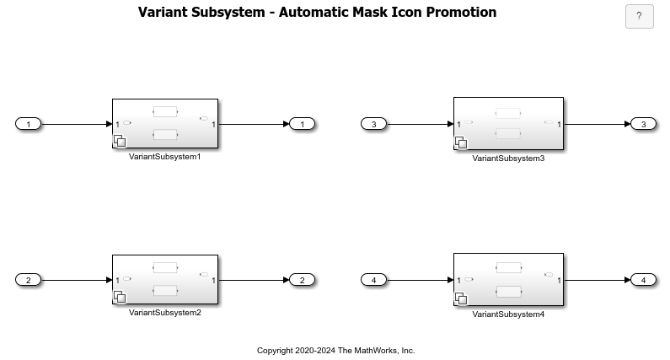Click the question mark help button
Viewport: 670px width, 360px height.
pos(639,16)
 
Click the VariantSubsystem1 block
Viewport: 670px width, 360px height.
pos(165,124)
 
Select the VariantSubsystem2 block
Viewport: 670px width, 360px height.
pos(165,279)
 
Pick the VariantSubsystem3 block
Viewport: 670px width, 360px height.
pos(508,124)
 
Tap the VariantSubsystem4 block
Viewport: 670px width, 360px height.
pos(508,279)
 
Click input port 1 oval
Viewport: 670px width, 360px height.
pos(28,125)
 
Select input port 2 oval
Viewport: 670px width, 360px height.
pos(28,280)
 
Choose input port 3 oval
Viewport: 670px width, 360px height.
pos(373,125)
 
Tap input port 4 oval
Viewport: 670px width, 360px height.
pos(373,280)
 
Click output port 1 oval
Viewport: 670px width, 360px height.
pos(302,125)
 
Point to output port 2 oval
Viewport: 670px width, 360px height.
pos(302,280)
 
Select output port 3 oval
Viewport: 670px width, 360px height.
pos(643,125)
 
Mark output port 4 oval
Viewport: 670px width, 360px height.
pos(643,280)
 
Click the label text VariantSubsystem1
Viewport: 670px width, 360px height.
pos(165,157)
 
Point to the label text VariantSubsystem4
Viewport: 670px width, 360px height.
pos(508,314)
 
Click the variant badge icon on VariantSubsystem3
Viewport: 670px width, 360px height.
pos(461,143)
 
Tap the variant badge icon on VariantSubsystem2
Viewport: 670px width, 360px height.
pos(119,297)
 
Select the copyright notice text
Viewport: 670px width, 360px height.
pos(335,350)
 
